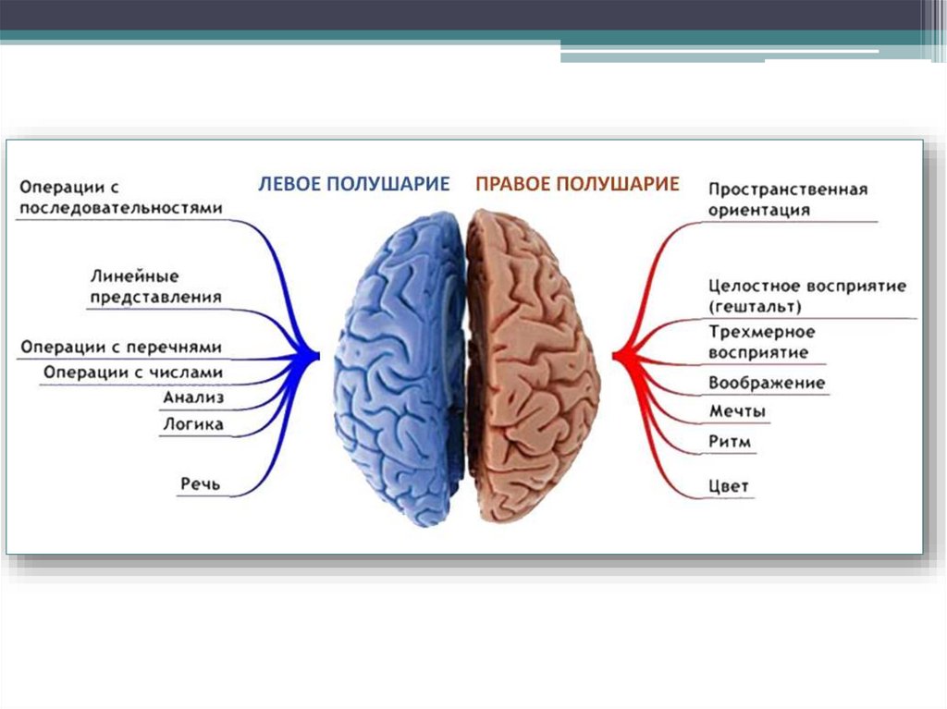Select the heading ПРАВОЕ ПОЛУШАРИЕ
(x=577, y=184)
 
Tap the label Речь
(x=201, y=483)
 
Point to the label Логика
(x=192, y=425)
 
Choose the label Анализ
(x=193, y=398)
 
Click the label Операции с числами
(x=133, y=372)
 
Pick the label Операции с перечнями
(x=121, y=347)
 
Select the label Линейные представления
(x=155, y=287)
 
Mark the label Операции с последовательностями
(x=121, y=197)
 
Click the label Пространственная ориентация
(x=787, y=199)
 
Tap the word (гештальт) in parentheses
(x=756, y=306)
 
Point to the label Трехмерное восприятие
(x=761, y=341)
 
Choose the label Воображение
(x=767, y=383)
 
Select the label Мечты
(x=737, y=411)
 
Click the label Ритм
(x=730, y=443)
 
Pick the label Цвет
(x=729, y=486)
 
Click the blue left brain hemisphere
(x=398, y=370)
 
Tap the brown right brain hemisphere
(x=532, y=370)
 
